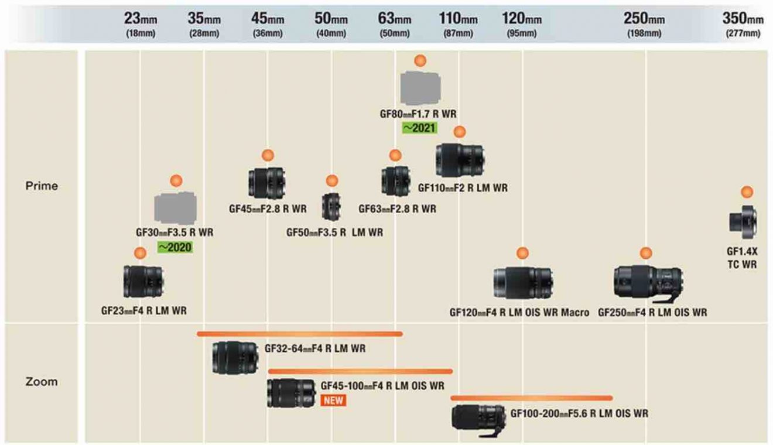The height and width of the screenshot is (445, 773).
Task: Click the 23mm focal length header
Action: pyautogui.click(x=140, y=19)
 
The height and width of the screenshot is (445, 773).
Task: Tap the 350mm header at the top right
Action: pyautogui.click(x=743, y=19)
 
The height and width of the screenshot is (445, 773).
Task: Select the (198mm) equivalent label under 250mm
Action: pyautogui.click(x=644, y=33)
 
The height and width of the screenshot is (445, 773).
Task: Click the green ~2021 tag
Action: pyautogui.click(x=418, y=127)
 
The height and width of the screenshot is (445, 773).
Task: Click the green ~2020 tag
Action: pyautogui.click(x=175, y=247)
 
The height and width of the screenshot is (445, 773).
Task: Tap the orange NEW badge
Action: pyautogui.click(x=333, y=400)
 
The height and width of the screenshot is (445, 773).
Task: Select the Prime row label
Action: pyautogui.click(x=42, y=186)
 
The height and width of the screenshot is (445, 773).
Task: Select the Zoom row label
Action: pyautogui.click(x=42, y=381)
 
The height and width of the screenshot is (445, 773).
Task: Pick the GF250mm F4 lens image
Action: pyautogui.click(x=647, y=282)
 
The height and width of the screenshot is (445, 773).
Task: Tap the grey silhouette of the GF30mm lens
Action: pyautogui.click(x=175, y=208)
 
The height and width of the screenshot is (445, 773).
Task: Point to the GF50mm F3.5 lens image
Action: pyautogui.click(x=331, y=207)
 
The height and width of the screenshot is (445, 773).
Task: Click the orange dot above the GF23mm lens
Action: pyautogui.click(x=139, y=253)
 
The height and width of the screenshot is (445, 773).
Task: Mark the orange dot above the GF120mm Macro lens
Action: pyautogui.click(x=522, y=253)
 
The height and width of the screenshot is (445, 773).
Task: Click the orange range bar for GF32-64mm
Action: pyautogui.click(x=300, y=334)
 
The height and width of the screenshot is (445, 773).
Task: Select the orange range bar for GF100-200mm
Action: pyautogui.click(x=531, y=398)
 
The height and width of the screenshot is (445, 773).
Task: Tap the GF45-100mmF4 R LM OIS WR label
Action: pyautogui.click(x=382, y=386)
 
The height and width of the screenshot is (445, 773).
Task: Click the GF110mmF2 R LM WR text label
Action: pyautogui.click(x=463, y=188)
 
